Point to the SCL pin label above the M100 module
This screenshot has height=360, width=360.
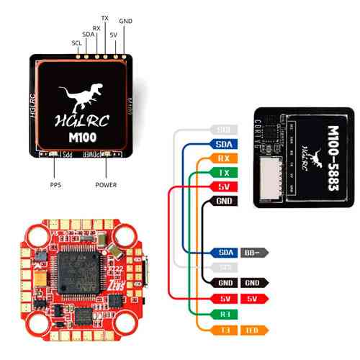76,42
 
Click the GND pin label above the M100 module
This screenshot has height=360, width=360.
125,22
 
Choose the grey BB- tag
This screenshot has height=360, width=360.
255,253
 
